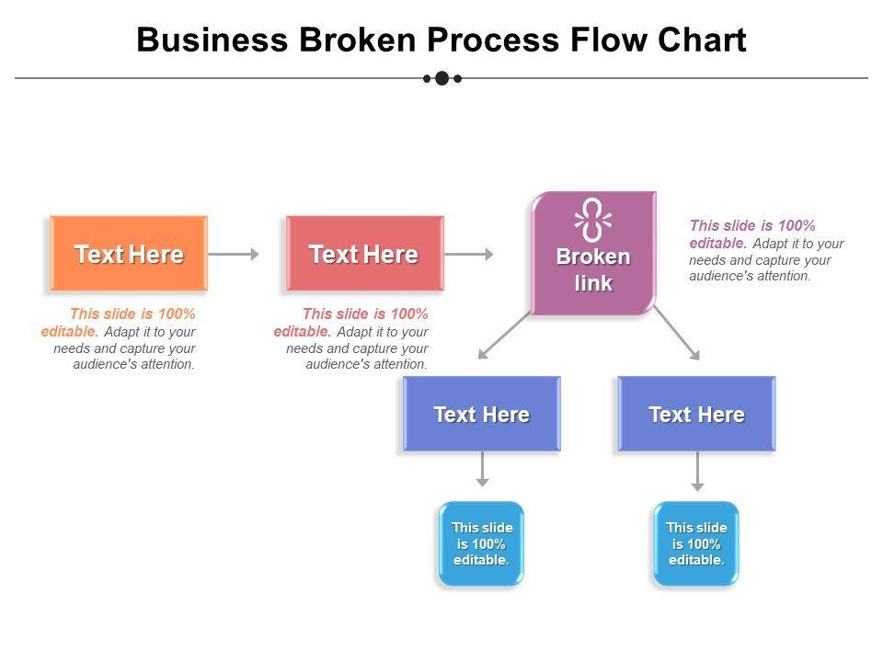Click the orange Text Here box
coord(129,254)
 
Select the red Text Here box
coord(365,254)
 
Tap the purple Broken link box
coord(593,254)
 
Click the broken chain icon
coord(593,220)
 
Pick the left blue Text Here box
coord(481,414)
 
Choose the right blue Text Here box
coord(696,414)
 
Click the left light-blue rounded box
coord(481,543)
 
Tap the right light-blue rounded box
coord(696,543)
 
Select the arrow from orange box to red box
coord(234,254)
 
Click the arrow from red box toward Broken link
coord(469,254)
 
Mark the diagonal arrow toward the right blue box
coord(677,333)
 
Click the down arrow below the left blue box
coord(482,469)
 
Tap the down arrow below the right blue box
coord(697,471)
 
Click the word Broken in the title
coord(358,40)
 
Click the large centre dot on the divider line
coord(442,78)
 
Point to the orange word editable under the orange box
coord(70,332)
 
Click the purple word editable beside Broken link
coord(718,243)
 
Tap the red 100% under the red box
coord(409,314)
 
